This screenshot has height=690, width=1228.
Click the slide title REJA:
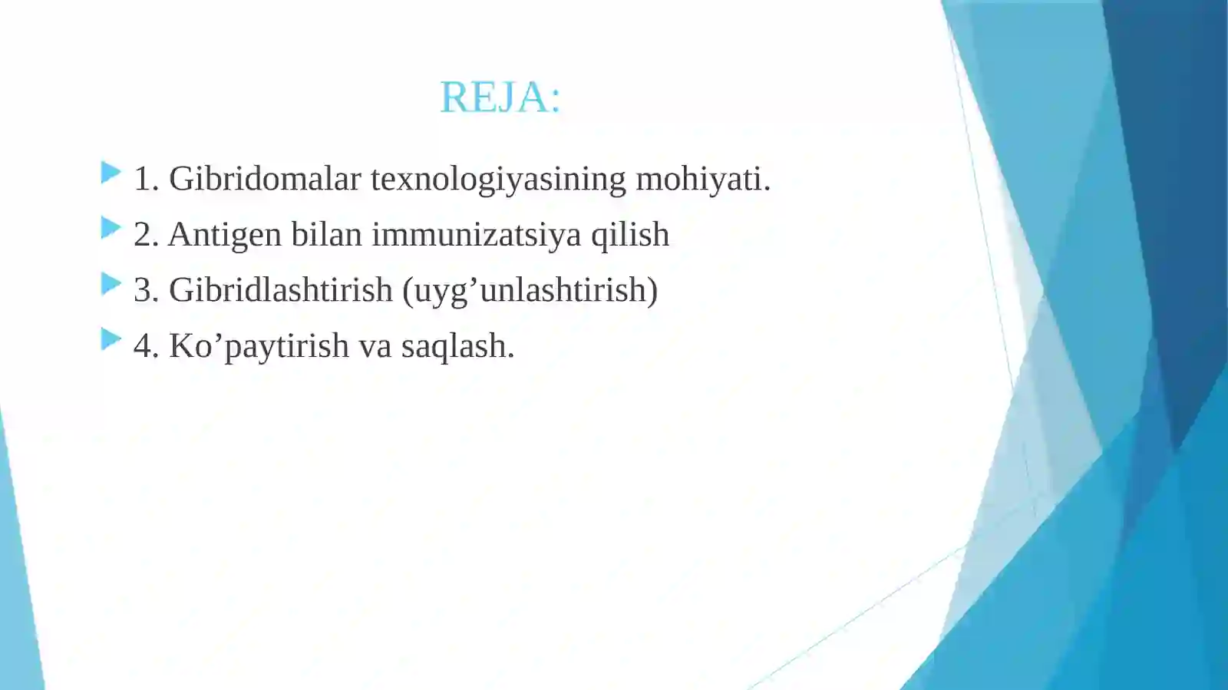pyautogui.click(x=500, y=97)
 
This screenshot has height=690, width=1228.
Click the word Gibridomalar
pyautogui.click(x=265, y=179)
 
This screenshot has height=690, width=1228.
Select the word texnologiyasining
pyautogui.click(x=498, y=180)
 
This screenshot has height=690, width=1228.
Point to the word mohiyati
pyautogui.click(x=702, y=179)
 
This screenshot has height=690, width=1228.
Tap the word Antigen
pyautogui.click(x=224, y=235)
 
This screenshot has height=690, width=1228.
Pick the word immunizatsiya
pyautogui.click(x=476, y=235)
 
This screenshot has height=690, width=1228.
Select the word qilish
pyautogui.click(x=630, y=235)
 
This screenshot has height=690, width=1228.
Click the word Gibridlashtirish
pyautogui.click(x=280, y=290)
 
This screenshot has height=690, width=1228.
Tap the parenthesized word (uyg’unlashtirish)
pyautogui.click(x=530, y=291)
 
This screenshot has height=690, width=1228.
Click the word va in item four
pyautogui.click(x=375, y=346)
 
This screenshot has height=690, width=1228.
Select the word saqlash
pyautogui.click(x=457, y=346)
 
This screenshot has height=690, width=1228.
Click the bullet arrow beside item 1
pyautogui.click(x=111, y=173)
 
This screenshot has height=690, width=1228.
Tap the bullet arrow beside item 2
pyautogui.click(x=111, y=228)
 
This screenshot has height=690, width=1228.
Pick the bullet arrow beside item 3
pyautogui.click(x=111, y=284)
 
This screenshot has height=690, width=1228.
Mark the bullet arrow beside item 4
pyautogui.click(x=111, y=338)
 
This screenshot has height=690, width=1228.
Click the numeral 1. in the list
pyautogui.click(x=146, y=179)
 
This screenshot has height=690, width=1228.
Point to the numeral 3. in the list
pyautogui.click(x=146, y=290)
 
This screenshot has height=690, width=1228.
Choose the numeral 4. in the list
pyautogui.click(x=146, y=346)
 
